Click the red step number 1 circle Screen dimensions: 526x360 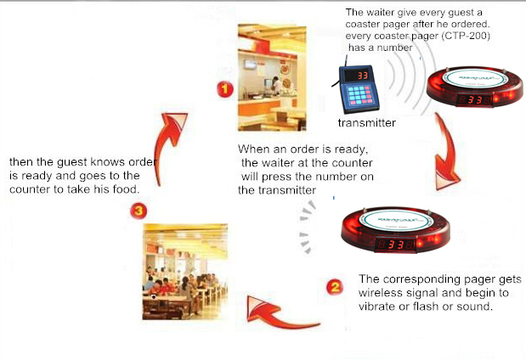tap(225, 89)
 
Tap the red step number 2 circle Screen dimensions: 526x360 tap(335, 287)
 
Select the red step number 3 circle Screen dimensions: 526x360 tap(139, 211)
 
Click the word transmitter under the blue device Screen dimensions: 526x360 tap(366, 123)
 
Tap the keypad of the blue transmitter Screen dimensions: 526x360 tap(360, 95)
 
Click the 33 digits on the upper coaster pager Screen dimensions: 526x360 tap(475, 99)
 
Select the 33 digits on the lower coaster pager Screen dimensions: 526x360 tap(396, 245)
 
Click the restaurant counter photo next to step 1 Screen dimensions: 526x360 tap(272, 77)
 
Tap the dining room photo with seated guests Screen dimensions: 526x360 tap(185, 272)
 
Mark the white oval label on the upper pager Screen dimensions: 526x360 tap(475, 78)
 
